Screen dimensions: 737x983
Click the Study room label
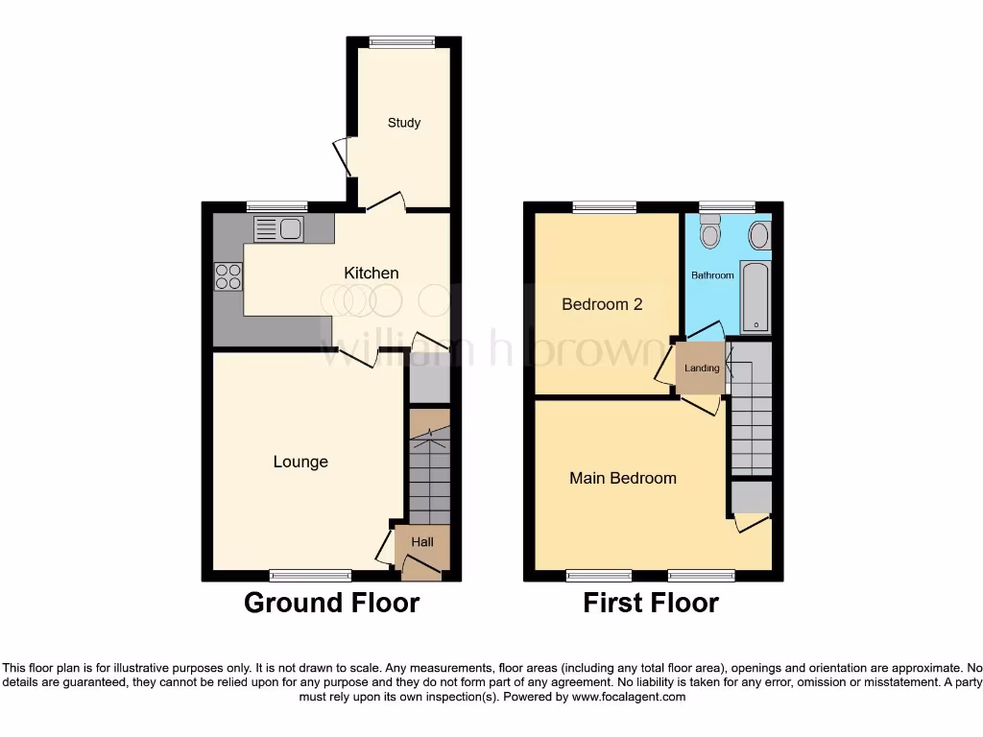pyautogui.click(x=404, y=123)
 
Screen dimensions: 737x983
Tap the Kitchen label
pyautogui.click(x=372, y=273)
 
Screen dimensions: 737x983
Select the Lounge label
pyautogui.click(x=300, y=462)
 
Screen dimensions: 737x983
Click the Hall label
pyautogui.click(x=422, y=542)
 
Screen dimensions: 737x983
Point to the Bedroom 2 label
pyautogui.click(x=602, y=304)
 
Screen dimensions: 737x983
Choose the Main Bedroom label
pyautogui.click(x=623, y=478)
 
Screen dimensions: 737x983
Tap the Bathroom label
pyautogui.click(x=713, y=275)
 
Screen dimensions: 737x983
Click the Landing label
pyautogui.click(x=702, y=368)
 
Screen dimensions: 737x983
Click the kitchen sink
pyautogui.click(x=278, y=228)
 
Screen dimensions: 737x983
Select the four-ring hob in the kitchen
pyautogui.click(x=228, y=275)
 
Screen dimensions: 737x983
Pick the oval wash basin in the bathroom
pyautogui.click(x=758, y=235)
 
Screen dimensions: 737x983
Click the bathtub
pyautogui.click(x=755, y=296)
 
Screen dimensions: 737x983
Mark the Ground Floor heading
pyautogui.click(x=331, y=603)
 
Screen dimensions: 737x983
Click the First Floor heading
pyautogui.click(x=651, y=603)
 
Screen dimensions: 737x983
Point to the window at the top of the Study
pyautogui.click(x=402, y=41)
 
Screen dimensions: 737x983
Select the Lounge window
pyautogui.click(x=310, y=576)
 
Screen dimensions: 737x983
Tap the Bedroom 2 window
pyautogui.click(x=605, y=206)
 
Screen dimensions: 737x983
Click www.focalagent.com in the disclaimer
pyautogui.click(x=628, y=697)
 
